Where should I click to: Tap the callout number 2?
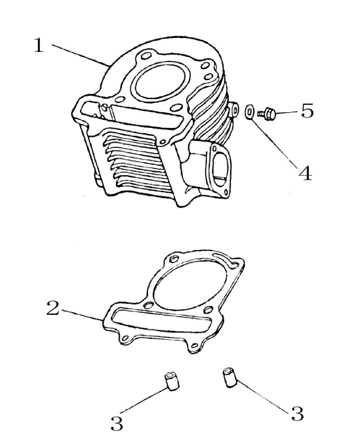53,308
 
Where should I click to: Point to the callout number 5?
306,112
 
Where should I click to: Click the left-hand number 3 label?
116,423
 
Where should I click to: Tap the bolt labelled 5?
268,114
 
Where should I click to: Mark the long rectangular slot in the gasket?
158,322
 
